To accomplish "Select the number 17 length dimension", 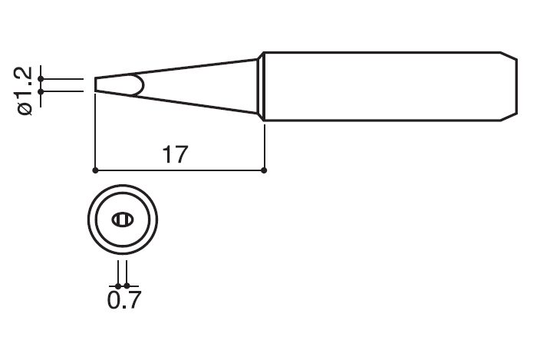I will pos(176,154).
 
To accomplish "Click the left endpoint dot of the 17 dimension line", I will pos(94,169).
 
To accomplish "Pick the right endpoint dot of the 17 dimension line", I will pos(264,169).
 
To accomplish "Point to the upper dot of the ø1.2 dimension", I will pos(41,78).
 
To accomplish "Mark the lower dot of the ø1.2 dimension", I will pos(41,91).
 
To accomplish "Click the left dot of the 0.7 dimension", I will pos(117,285).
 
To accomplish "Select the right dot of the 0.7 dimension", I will pos(127,285).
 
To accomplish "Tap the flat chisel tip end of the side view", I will pos(95,84).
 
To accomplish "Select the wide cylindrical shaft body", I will pos(384,86).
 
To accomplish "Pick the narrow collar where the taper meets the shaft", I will pos(261,86).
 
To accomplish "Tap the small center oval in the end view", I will pos(122,220).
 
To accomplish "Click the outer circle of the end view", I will pos(86,220).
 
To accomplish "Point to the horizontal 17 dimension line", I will pos(215,169).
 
